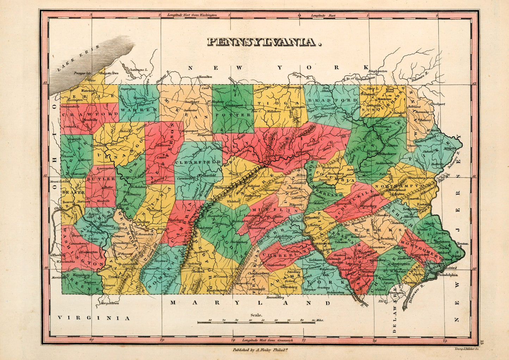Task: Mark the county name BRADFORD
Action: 333,100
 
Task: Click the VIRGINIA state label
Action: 94,318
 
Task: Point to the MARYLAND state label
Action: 250,303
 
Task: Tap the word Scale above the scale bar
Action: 256,315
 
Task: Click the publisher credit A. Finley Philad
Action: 260,350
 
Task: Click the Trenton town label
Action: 463,243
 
